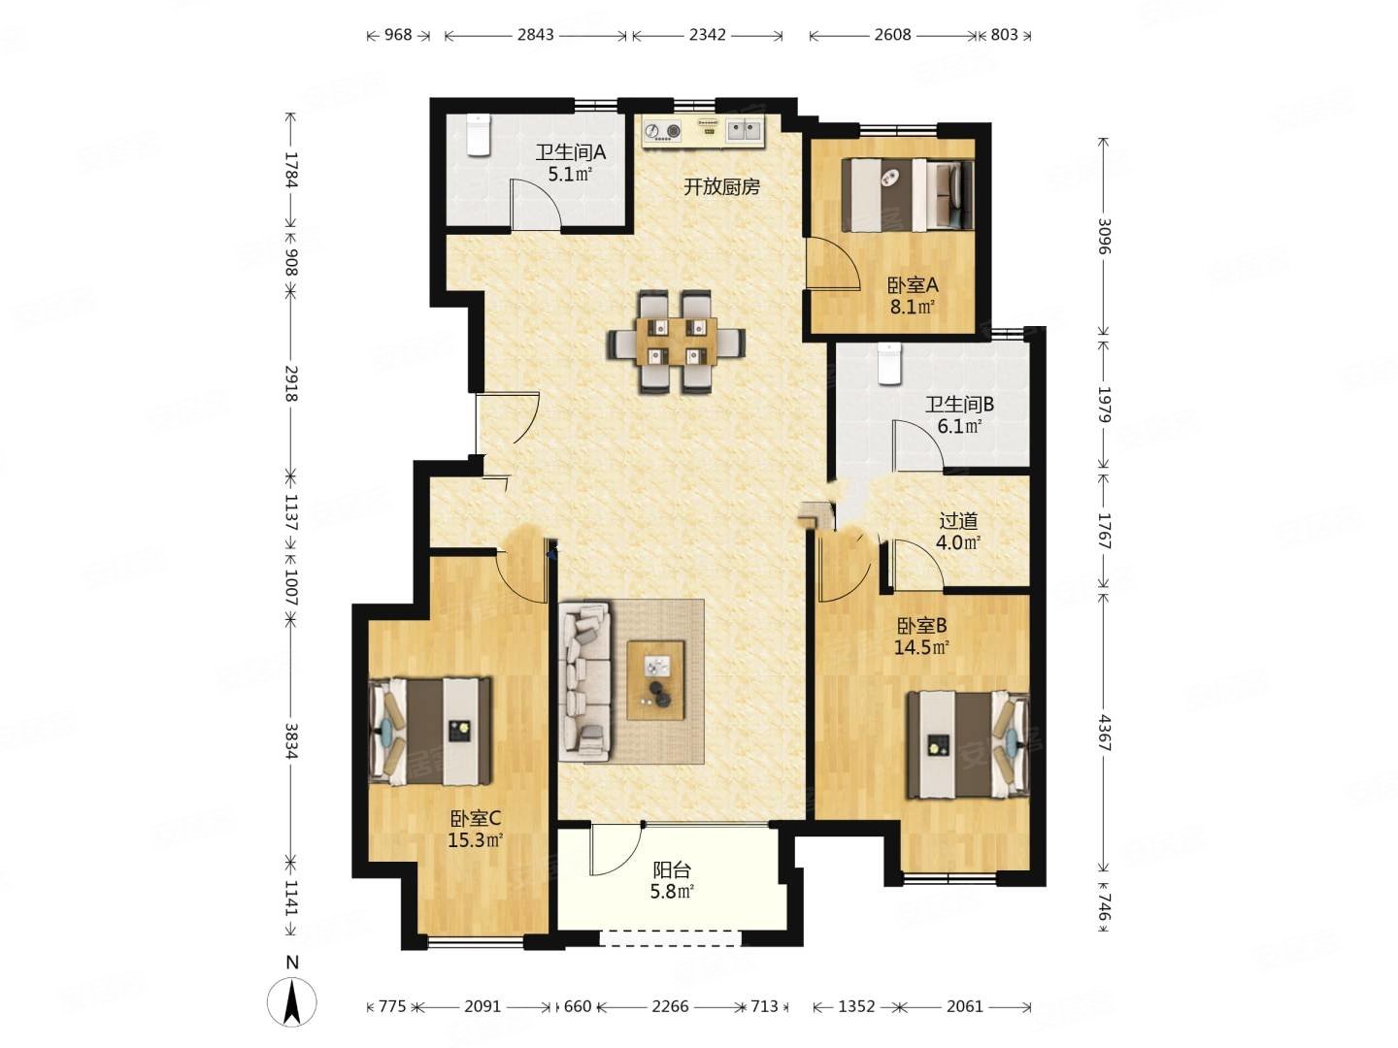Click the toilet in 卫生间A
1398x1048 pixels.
point(477,135)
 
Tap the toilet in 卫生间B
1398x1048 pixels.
point(888,364)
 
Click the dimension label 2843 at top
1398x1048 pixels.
point(535,34)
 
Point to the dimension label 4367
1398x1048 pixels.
point(1104,733)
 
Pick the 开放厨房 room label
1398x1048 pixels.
point(721,186)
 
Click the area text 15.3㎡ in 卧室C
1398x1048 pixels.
point(475,840)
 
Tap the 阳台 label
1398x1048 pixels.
point(672,869)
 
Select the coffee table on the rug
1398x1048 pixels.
point(655,680)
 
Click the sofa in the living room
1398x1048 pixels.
point(584,681)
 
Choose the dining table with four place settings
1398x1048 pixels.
point(677,341)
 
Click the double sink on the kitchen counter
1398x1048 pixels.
point(744,131)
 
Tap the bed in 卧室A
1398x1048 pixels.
point(908,194)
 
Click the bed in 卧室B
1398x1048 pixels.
point(968,744)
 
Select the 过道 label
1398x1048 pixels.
point(958,521)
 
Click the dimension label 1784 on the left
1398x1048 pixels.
point(291,169)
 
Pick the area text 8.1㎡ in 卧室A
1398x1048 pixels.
point(912,308)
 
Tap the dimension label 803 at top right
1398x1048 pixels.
point(1004,34)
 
